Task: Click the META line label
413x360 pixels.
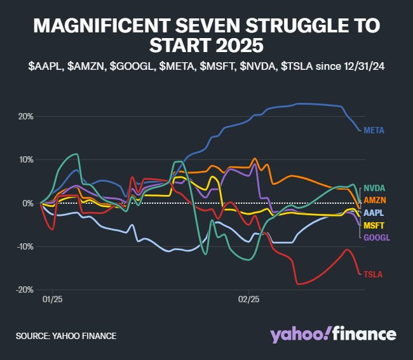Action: [374, 130]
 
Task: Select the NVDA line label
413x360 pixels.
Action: [374, 188]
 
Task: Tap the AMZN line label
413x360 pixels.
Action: [374, 200]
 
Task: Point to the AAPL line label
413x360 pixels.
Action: [374, 213]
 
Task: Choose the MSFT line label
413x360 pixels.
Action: [374, 225]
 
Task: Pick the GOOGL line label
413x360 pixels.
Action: [376, 237]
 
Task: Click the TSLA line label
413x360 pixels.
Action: [373, 274]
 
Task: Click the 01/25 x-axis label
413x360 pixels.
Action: [52, 298]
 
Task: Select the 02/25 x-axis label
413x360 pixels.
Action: [249, 298]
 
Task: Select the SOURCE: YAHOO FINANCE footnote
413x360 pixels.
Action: [66, 335]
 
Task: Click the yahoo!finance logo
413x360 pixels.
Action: [333, 335]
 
